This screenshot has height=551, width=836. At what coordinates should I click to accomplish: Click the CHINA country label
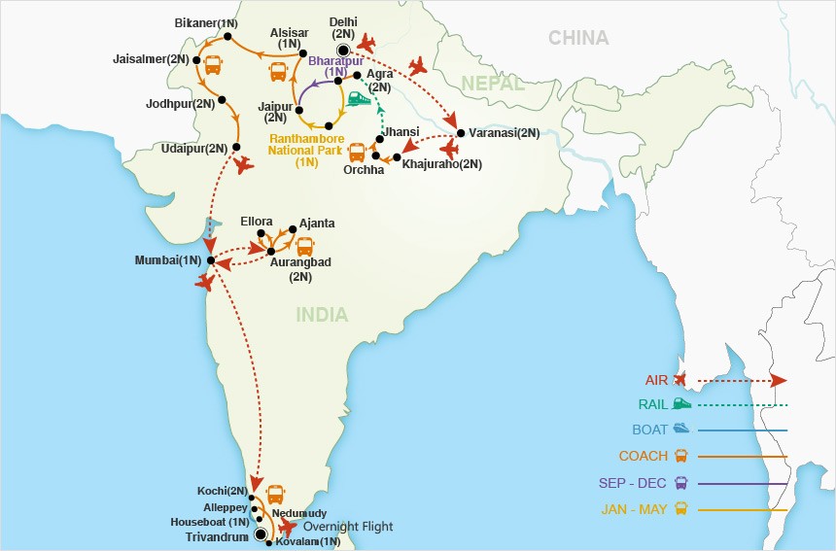click(x=578, y=38)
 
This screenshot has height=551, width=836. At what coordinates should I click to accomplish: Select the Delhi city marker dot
click(x=342, y=51)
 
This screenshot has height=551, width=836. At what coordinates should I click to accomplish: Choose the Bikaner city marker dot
click(x=226, y=37)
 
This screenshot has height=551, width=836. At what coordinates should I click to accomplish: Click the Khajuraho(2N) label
click(x=441, y=164)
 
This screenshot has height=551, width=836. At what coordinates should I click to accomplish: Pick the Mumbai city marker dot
click(x=210, y=260)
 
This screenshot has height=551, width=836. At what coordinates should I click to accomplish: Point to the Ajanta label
click(x=317, y=223)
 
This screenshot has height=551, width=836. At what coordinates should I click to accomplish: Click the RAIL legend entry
click(x=652, y=403)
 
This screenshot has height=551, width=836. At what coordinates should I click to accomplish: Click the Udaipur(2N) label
click(x=195, y=148)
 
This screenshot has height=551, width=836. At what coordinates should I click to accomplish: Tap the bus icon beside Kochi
click(x=275, y=492)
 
